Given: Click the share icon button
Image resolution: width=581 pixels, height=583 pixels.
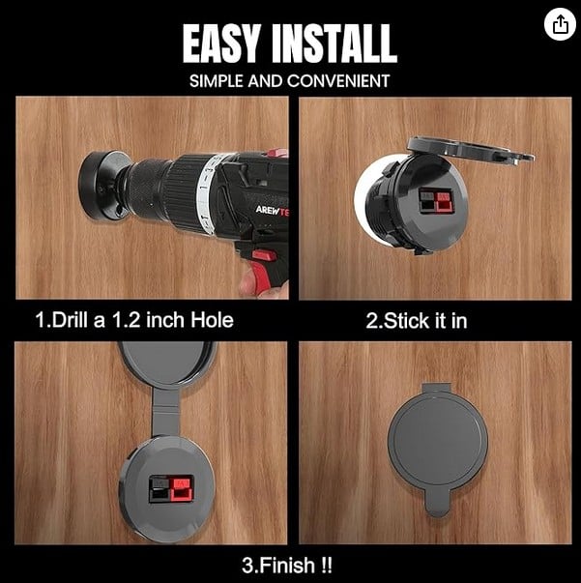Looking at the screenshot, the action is tap(560, 24).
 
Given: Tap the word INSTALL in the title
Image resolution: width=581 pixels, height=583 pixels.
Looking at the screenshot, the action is tap(334, 44).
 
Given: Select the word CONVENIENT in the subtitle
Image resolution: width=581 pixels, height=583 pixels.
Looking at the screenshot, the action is tap(338, 81).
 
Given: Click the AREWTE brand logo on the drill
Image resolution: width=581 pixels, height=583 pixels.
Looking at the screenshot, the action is tap(272, 211).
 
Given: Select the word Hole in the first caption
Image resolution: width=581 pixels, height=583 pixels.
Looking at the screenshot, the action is tap(212, 320).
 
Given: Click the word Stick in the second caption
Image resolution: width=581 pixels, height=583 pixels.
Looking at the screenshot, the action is tap(406, 320).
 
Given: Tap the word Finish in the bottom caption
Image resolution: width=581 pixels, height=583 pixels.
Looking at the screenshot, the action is tap(286, 566).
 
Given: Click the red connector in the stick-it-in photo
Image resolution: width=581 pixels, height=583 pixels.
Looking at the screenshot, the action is tap(444, 202).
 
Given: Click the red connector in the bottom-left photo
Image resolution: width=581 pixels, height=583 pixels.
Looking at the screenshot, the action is tap(182, 488).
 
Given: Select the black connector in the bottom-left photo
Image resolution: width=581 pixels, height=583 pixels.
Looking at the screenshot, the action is tap(160, 489).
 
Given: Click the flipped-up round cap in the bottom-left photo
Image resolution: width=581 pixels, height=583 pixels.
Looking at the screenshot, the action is tap(167, 363).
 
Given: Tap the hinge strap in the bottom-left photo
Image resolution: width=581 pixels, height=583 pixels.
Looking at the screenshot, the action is tap(165, 412).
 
